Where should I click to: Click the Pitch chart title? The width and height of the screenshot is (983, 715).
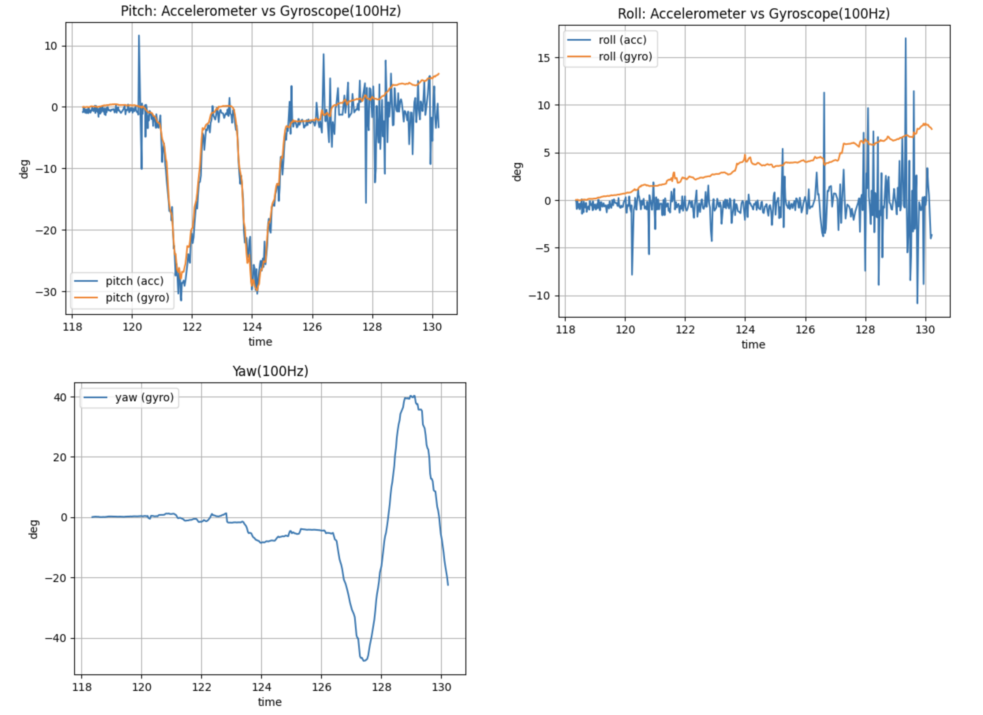tap(260, 11)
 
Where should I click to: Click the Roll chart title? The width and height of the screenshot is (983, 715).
tap(754, 14)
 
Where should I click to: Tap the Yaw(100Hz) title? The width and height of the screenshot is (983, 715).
tap(270, 371)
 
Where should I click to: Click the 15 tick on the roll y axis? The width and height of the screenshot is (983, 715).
tap(544, 58)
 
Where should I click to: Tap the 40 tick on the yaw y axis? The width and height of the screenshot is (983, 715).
tap(60, 398)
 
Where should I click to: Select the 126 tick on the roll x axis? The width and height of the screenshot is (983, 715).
tap(805, 330)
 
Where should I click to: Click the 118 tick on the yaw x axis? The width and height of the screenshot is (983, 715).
tap(82, 687)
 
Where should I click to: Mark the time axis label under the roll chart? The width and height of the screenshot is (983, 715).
tap(753, 345)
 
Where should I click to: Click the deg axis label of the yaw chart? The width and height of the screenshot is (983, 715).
tap(34, 529)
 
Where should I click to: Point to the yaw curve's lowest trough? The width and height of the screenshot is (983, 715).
tap(364, 660)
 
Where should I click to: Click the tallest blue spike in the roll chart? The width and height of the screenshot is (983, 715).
tap(905, 39)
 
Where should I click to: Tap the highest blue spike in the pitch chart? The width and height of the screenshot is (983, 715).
tap(139, 36)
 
